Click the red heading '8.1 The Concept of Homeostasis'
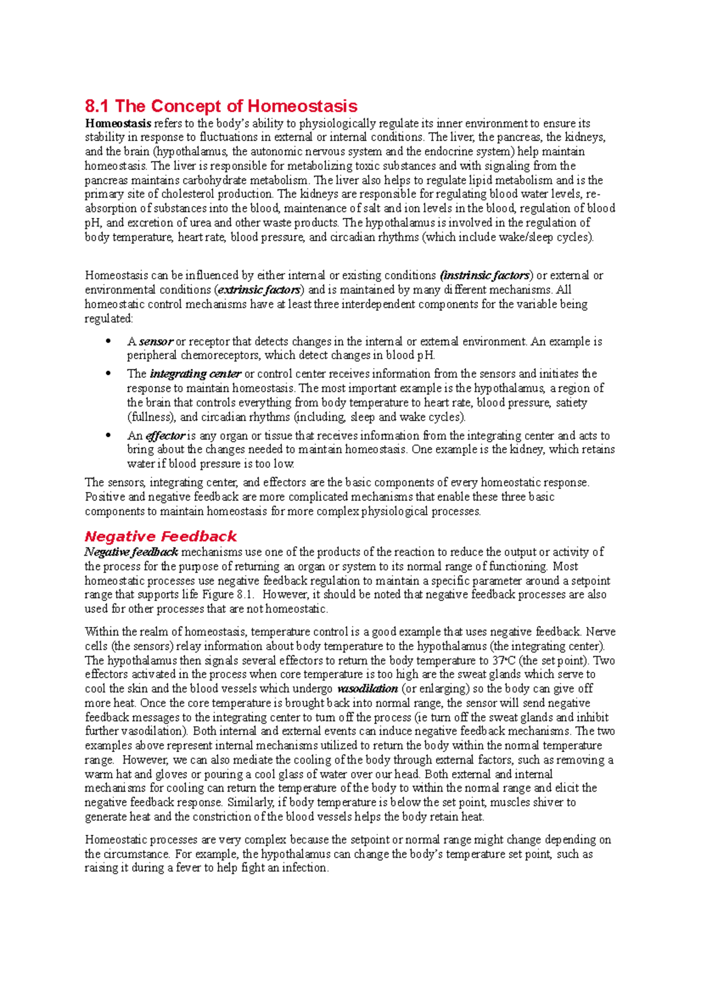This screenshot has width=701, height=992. click(221, 106)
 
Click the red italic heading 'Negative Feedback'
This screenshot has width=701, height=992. click(161, 536)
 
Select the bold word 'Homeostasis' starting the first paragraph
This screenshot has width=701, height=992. click(118, 123)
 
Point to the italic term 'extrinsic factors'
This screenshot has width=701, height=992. click(259, 290)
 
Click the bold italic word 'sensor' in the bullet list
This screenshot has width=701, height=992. click(156, 342)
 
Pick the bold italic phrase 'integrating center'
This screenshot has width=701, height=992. click(195, 374)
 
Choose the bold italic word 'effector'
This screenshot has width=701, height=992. click(165, 436)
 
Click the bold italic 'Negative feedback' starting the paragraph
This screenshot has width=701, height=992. click(131, 552)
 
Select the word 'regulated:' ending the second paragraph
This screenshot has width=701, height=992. click(109, 319)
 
